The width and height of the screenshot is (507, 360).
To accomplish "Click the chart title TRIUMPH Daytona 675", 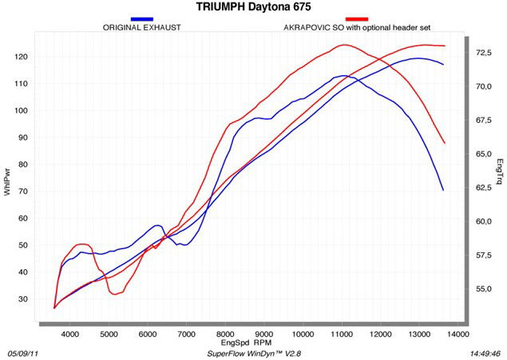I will click(253, 7).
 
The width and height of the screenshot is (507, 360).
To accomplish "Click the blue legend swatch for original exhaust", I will click(142, 18).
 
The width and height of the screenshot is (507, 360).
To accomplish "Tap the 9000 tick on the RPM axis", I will click(264, 333).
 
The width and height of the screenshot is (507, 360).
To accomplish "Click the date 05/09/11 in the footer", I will click(23, 352).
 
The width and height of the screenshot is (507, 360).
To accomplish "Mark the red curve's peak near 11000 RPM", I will click(343, 45).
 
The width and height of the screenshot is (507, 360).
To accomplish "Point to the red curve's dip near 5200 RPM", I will click(116, 295).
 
